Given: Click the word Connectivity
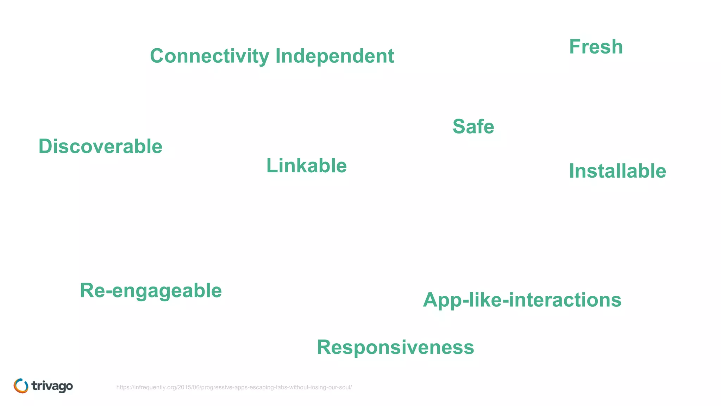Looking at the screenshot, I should coord(210,56).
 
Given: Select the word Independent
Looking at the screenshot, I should coord(334,56).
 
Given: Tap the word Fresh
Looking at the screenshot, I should coord(596,47).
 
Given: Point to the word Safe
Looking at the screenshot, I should coord(473,127).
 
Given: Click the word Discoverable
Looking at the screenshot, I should coord(100,146).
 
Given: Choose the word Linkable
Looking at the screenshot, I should coord(306,166).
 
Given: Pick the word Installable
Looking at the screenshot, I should coord(617,171).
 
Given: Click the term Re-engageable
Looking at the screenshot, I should coord(151,291).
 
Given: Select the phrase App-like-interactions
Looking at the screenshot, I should coord(522,300).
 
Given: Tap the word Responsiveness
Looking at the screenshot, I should coord(395,347).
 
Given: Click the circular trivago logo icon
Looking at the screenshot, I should coord(21,386).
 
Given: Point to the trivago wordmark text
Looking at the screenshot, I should coord(52,386).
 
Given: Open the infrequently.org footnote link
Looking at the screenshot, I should coord(234,387).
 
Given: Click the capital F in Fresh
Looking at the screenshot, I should coord(575,47).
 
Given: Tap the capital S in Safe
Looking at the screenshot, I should coord(460,127).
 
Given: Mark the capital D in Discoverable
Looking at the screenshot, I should coord(45,146).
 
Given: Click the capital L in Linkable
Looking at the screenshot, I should coord(272,166).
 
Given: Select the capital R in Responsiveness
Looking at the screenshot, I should coord(325,347).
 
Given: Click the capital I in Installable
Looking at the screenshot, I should coord(572,171).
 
